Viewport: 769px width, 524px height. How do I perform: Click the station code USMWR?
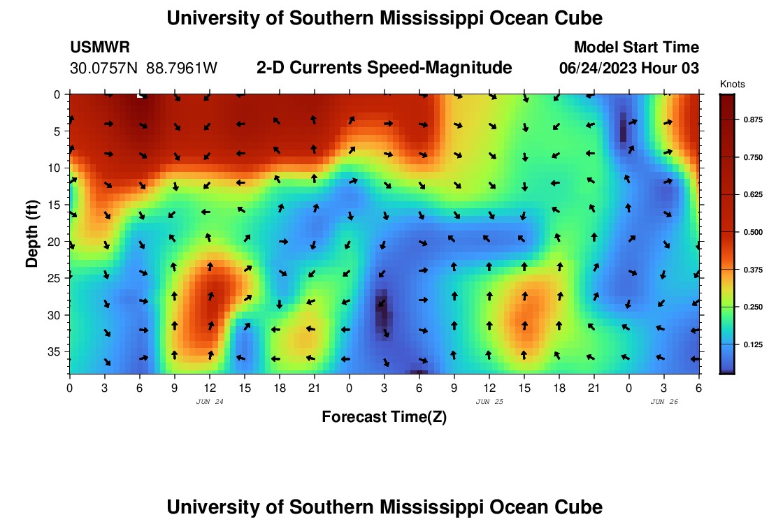point(99,48)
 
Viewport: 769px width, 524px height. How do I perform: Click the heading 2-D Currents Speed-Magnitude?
point(384,68)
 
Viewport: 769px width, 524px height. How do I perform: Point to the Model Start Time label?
point(635,48)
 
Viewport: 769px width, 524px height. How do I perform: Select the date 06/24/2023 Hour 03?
point(629,68)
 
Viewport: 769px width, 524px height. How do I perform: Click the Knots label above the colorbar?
point(732,84)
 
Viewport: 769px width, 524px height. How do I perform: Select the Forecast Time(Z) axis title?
point(384,417)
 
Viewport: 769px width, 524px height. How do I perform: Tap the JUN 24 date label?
point(210,402)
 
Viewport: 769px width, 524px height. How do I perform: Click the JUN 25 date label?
point(489,402)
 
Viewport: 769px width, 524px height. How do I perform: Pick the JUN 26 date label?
point(664,402)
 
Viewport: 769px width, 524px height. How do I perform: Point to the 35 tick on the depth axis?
point(57,351)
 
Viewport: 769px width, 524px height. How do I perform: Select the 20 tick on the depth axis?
point(57,241)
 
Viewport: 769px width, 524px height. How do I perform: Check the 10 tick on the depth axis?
point(57,168)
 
